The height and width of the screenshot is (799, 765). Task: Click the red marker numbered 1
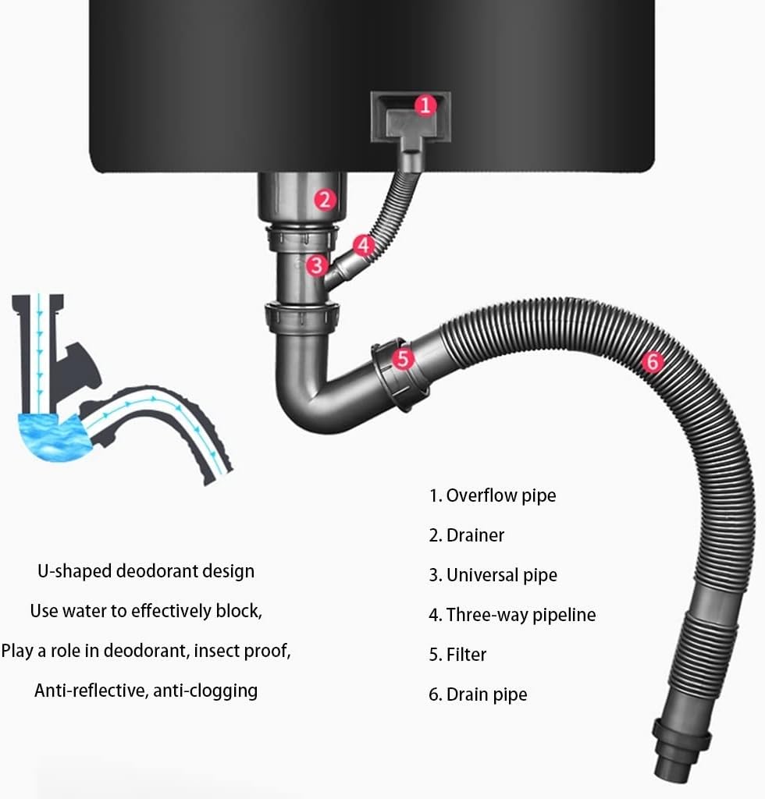pyautogui.click(x=425, y=106)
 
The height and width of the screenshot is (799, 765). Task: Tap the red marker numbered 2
pyautogui.click(x=326, y=200)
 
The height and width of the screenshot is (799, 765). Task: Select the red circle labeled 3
pyautogui.click(x=316, y=265)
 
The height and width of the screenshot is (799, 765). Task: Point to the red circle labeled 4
pyautogui.click(x=364, y=246)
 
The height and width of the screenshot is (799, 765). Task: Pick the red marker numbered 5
pyautogui.click(x=403, y=359)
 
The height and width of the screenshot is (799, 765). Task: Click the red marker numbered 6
pyautogui.click(x=653, y=362)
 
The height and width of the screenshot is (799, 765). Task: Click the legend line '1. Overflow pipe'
pyautogui.click(x=493, y=495)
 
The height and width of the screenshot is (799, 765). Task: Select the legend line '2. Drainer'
pyautogui.click(x=466, y=535)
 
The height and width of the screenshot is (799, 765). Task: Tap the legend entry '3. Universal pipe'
pyautogui.click(x=493, y=575)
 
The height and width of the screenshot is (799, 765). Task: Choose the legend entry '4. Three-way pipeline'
pyautogui.click(x=512, y=615)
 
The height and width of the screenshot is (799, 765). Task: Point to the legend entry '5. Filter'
pyautogui.click(x=457, y=655)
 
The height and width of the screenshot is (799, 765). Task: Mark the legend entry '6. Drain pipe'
pyautogui.click(x=478, y=694)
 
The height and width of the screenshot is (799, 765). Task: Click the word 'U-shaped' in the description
pyautogui.click(x=75, y=571)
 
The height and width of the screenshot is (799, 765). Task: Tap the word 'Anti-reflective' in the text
pyautogui.click(x=91, y=691)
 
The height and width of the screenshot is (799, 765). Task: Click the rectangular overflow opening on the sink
pyautogui.click(x=411, y=117)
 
